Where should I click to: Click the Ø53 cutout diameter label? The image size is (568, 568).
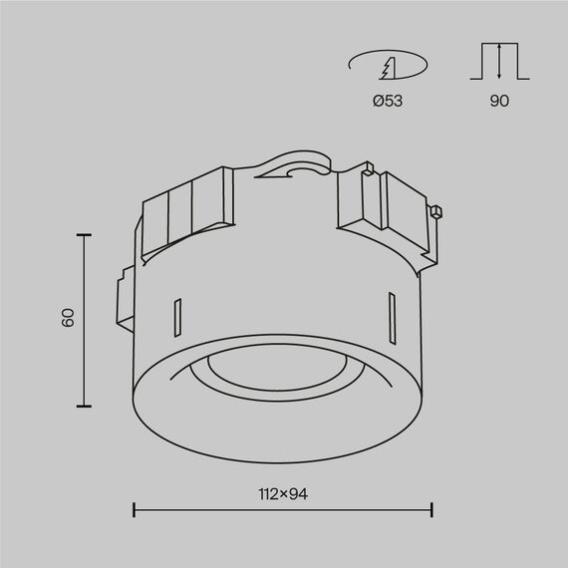pyautogui.click(x=388, y=102)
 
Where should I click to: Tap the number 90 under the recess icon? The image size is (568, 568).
pyautogui.click(x=499, y=102)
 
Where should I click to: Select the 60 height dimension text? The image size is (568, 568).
pyautogui.click(x=68, y=318)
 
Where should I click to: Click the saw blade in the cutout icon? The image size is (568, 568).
pyautogui.click(x=388, y=69)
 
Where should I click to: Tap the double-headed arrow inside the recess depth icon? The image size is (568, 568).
pyautogui.click(x=499, y=62)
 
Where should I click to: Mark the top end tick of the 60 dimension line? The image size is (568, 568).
pyautogui.click(x=84, y=234)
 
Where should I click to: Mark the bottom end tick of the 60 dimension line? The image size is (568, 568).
pyautogui.click(x=84, y=406)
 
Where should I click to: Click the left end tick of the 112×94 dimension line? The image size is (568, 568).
pyautogui.click(x=135, y=510)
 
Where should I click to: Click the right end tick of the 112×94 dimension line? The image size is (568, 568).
pyautogui.click(x=431, y=510)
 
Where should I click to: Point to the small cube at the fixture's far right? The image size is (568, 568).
pyautogui.click(x=435, y=211)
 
